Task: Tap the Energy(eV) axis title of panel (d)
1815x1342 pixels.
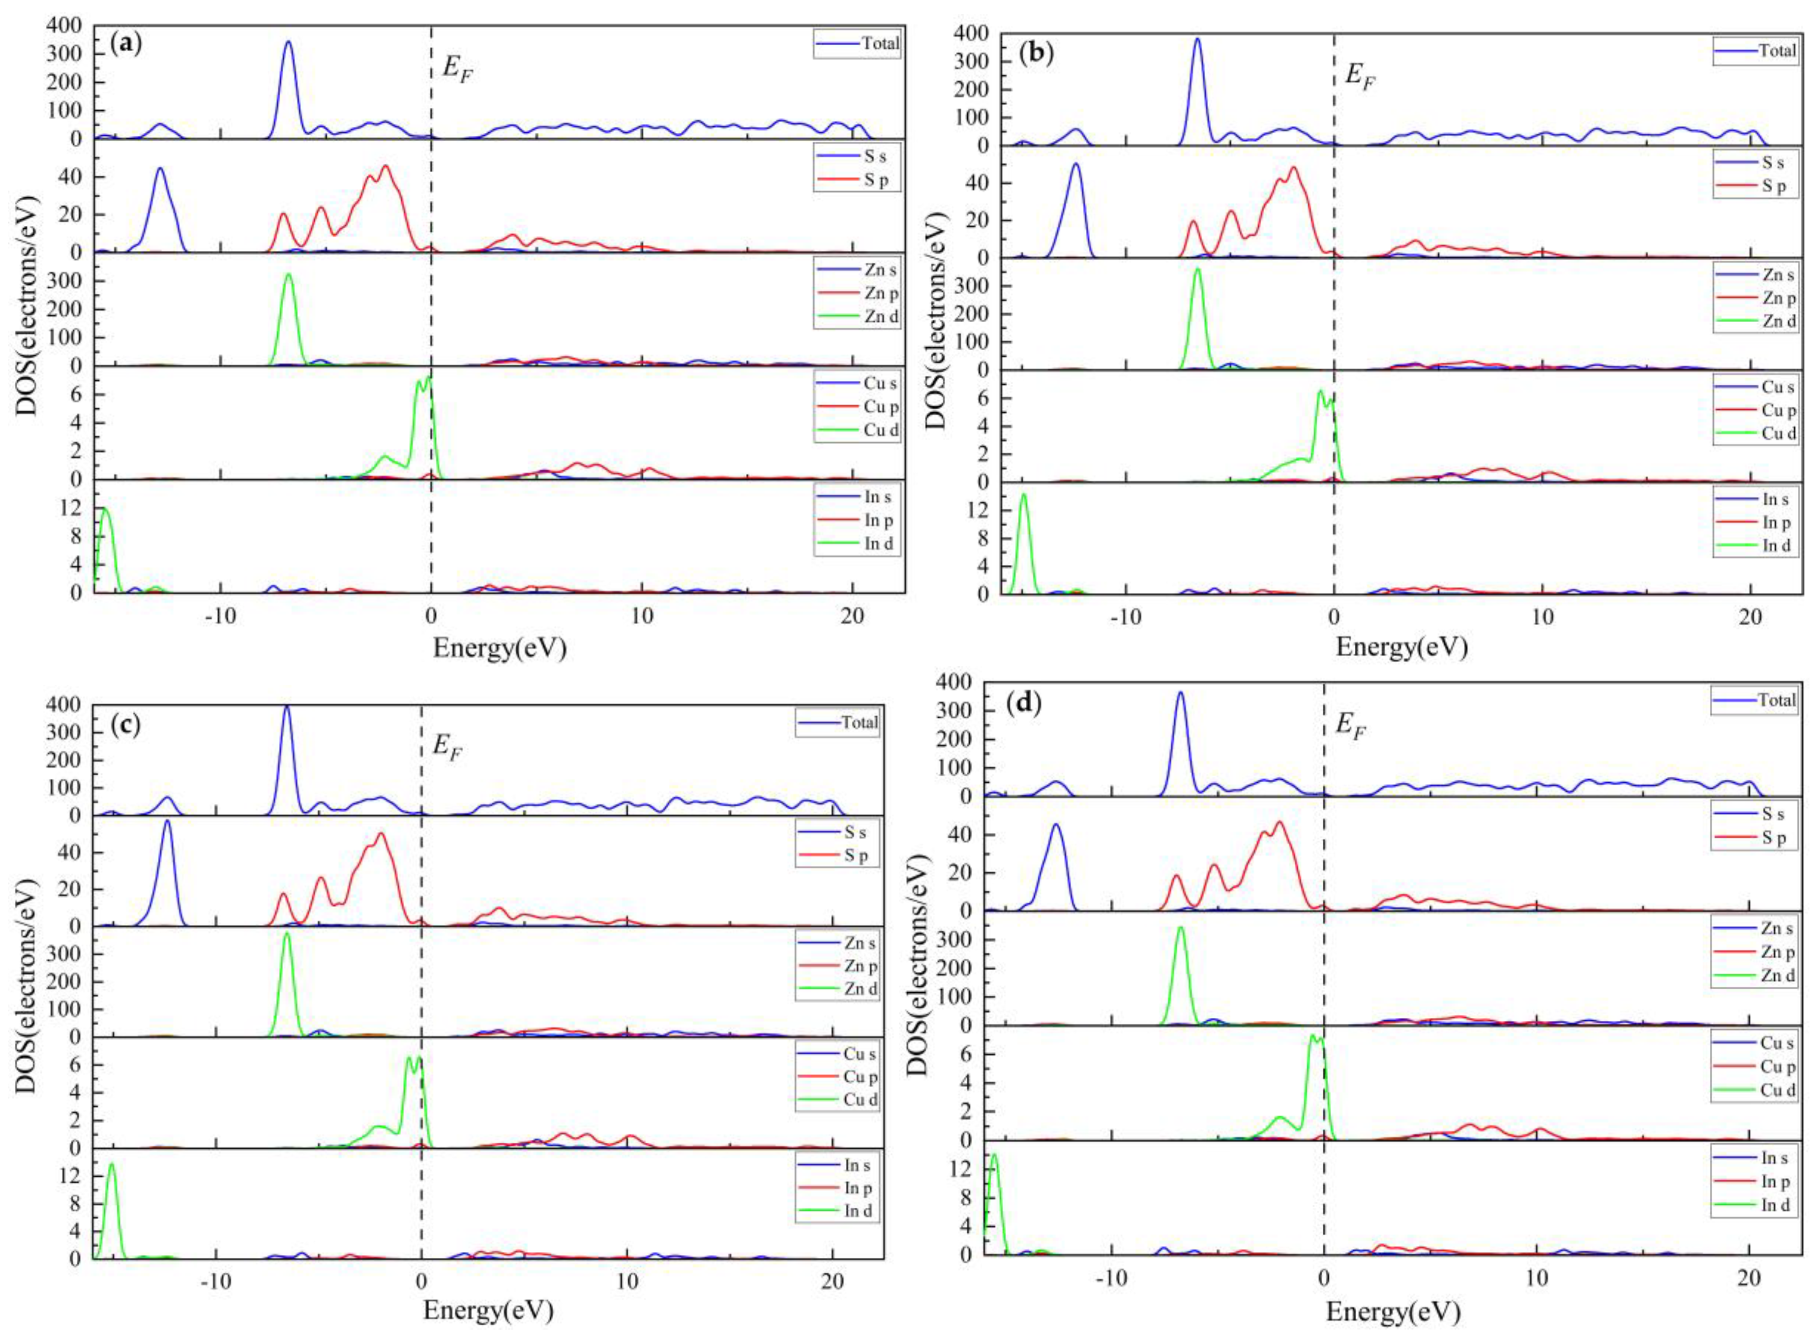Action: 1393,1311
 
